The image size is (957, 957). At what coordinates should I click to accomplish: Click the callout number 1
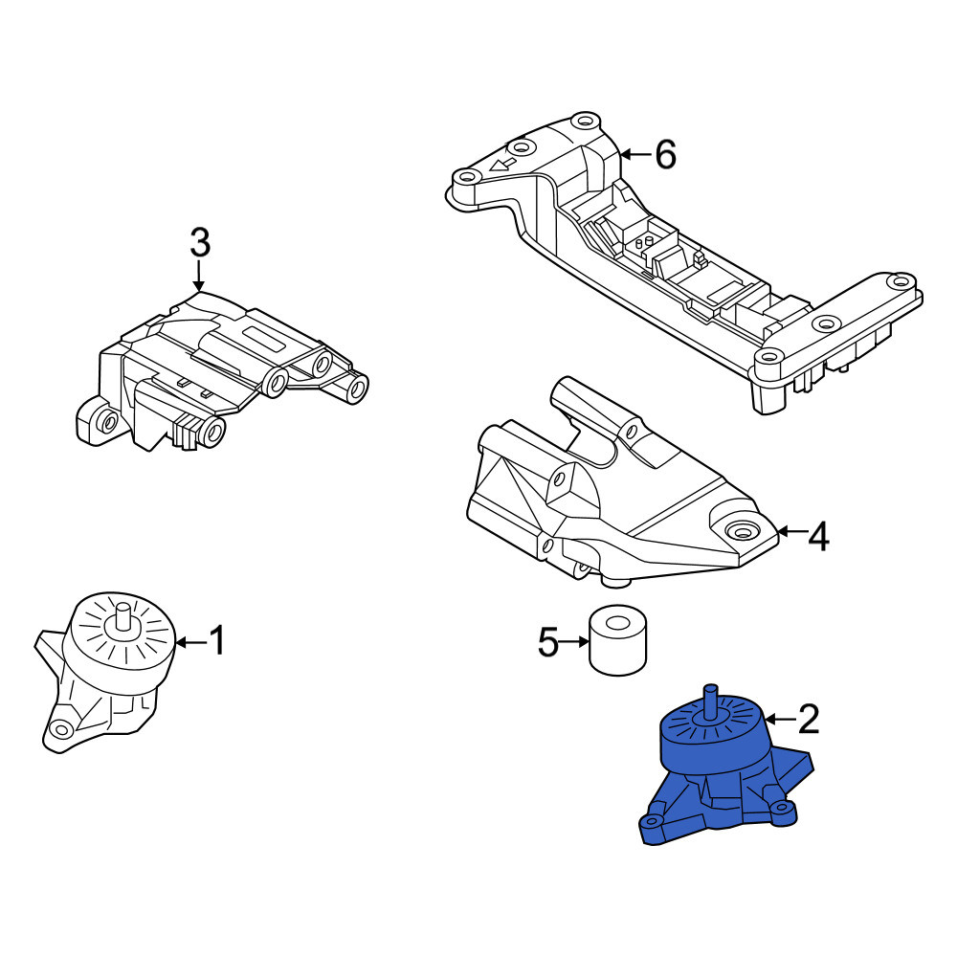tap(216, 640)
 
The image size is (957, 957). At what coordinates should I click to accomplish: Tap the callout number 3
tap(200, 242)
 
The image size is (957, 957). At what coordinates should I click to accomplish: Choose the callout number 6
tap(665, 154)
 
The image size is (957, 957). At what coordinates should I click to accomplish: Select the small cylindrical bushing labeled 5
tap(617, 640)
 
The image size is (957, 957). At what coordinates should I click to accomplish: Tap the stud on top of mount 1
tap(123, 617)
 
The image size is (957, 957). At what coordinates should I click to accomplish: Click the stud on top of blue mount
tap(710, 701)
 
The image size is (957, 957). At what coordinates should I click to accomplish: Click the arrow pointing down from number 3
tap(198, 275)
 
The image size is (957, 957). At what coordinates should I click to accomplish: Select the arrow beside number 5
tap(573, 641)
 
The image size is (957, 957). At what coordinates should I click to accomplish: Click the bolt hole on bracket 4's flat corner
tap(742, 531)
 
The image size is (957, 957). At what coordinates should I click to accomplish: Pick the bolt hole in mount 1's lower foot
tap(60, 728)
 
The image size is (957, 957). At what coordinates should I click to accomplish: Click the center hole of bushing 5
tap(618, 623)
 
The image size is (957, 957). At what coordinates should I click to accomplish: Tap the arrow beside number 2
tap(780, 720)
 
